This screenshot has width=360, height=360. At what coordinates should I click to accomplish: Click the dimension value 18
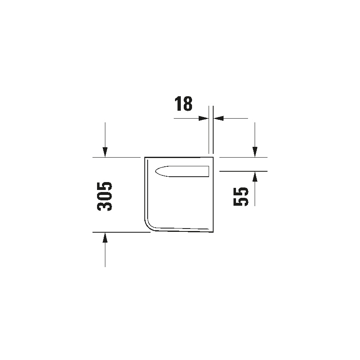(x=183, y=104)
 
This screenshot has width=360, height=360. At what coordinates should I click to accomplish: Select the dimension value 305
(x=105, y=196)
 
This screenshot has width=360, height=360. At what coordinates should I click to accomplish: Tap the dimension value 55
(x=241, y=196)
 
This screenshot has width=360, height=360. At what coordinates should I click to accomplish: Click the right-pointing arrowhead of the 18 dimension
(x=204, y=118)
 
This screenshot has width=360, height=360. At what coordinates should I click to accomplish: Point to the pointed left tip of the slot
(x=155, y=171)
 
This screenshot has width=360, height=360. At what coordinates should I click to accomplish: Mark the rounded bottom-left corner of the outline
(x=149, y=226)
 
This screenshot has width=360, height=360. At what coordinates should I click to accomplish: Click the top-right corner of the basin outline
(x=213, y=158)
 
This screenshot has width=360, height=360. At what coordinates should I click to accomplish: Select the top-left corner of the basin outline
(x=145, y=158)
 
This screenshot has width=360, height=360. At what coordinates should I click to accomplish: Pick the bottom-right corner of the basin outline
(x=213, y=231)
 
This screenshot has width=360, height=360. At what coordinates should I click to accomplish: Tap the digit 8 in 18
(x=187, y=104)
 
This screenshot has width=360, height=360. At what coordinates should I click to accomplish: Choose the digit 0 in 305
(x=105, y=196)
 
